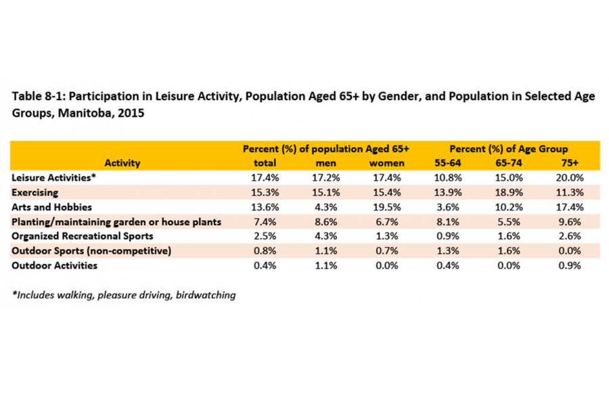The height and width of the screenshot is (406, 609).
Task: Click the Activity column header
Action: pos(122,162)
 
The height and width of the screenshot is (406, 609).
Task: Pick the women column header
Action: pos(387,162)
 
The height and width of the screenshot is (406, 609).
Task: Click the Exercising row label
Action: pos(35,192)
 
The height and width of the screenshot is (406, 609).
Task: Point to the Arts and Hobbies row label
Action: pos(51,207)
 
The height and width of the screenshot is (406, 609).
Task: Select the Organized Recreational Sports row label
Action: pos(83,236)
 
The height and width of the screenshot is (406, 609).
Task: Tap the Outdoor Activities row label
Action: pos(55,265)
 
